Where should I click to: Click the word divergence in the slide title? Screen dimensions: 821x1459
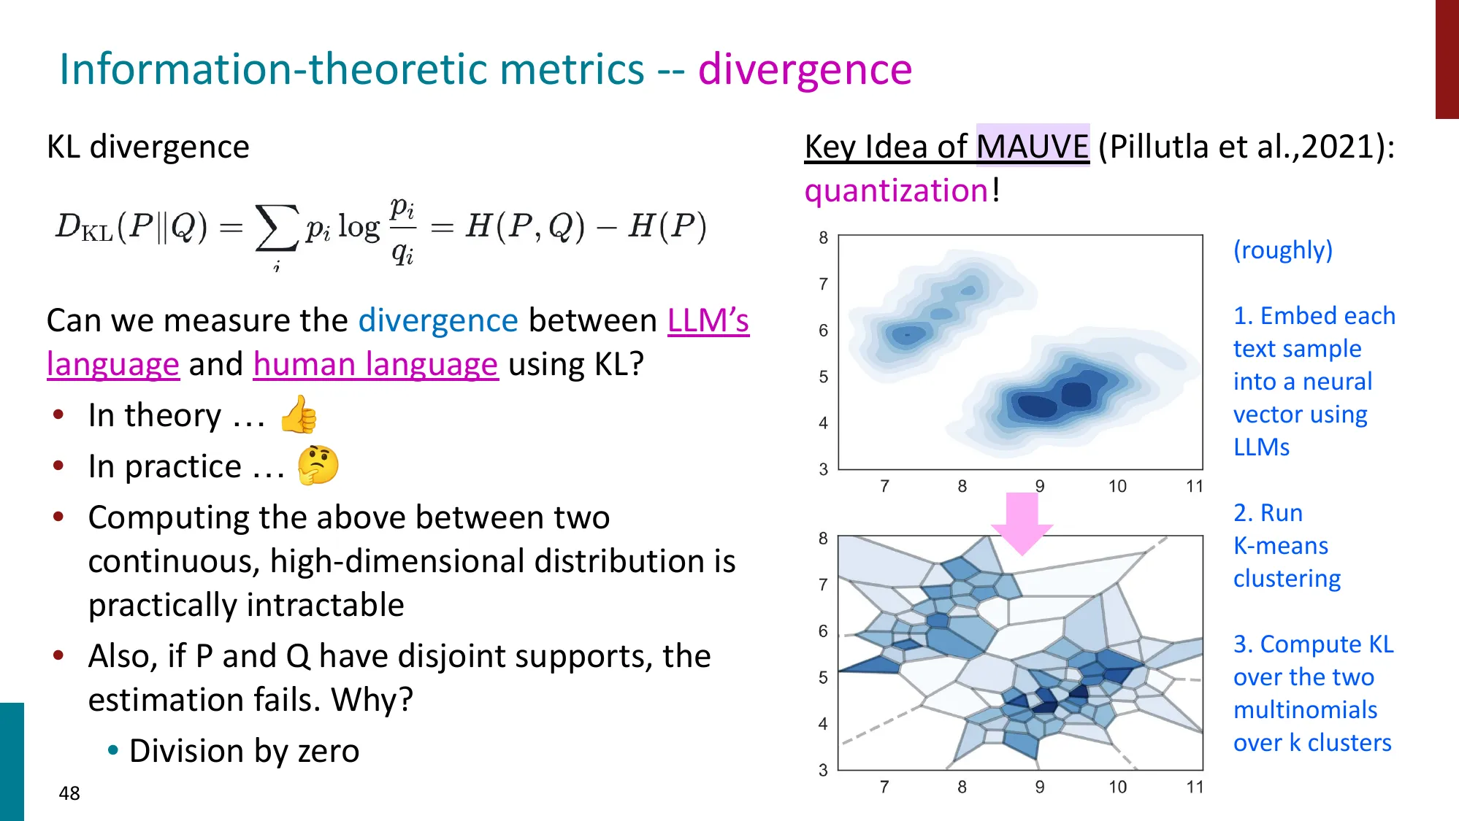point(805,70)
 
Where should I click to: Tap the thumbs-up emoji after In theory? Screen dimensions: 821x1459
point(299,415)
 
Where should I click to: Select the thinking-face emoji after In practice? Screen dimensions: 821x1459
point(318,465)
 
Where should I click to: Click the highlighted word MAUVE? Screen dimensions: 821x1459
point(1032,146)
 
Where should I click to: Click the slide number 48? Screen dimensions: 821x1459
point(69,793)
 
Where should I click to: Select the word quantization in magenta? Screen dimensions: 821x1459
point(896,191)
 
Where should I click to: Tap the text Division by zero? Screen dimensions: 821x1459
point(244,751)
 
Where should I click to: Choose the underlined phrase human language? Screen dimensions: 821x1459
point(375,364)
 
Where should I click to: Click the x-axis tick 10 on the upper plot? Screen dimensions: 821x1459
point(1117,487)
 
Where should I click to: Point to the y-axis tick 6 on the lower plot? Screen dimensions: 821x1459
point(823,631)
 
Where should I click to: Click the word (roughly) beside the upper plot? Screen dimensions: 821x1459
point(1282,250)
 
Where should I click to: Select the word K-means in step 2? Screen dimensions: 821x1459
point(1280,546)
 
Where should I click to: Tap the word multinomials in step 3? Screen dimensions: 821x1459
point(1305,710)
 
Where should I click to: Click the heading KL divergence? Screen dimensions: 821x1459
point(148,147)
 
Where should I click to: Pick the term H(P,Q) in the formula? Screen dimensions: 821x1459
point(525,226)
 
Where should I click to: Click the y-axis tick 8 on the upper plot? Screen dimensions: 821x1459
point(823,238)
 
